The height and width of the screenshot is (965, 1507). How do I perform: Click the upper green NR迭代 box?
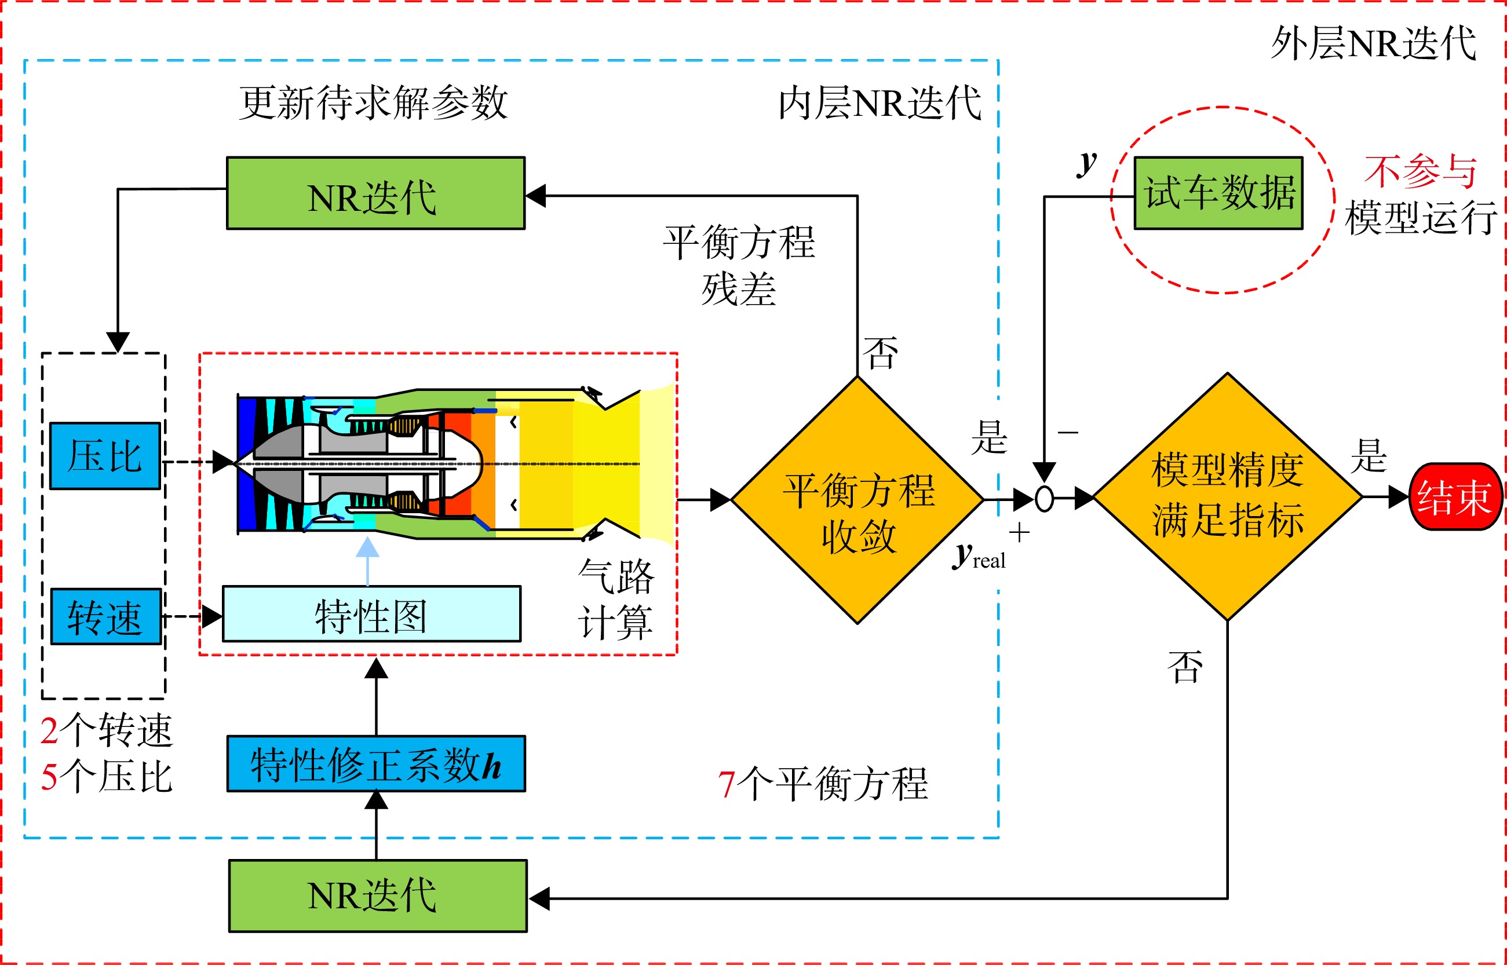[375, 193]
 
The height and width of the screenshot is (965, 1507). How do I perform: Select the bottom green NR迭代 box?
[378, 896]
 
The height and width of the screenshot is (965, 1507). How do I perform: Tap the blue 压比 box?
[105, 455]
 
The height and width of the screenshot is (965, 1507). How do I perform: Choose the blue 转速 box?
[106, 617]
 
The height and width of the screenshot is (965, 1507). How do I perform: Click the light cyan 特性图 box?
[371, 614]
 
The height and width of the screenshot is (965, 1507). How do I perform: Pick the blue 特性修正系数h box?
[376, 764]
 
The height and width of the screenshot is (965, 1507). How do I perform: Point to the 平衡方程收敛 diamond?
[857, 500]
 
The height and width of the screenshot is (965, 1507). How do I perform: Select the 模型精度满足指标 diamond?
[1227, 497]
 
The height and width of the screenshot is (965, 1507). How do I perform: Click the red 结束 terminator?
[1455, 497]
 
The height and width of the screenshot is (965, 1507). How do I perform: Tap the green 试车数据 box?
[1219, 193]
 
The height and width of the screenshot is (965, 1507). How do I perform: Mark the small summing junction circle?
[1045, 499]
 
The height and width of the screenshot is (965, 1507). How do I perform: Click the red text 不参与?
[1421, 171]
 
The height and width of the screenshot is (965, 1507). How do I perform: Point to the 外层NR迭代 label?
[1374, 44]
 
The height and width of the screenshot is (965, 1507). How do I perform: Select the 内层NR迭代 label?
[880, 103]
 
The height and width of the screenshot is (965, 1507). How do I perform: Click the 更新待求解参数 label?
[374, 102]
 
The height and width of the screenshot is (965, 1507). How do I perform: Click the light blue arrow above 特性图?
[367, 561]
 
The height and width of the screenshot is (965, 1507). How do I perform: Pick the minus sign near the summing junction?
[1068, 432]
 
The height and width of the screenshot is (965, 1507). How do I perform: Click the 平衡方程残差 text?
[739, 266]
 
